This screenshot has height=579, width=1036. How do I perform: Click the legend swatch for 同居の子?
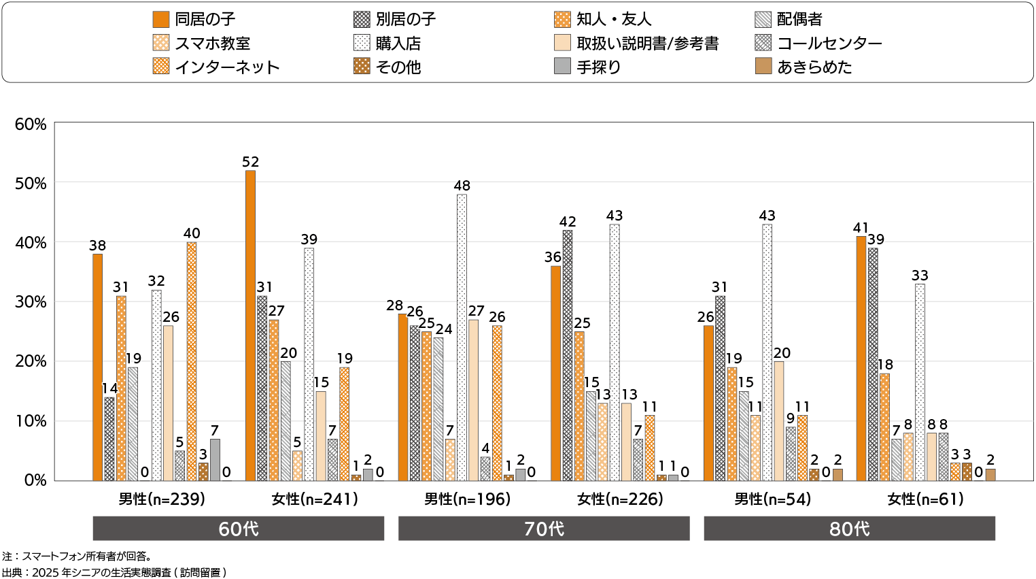coord(161,20)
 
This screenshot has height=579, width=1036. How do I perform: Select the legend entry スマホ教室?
coord(212,44)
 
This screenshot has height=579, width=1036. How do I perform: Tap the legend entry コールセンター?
coord(829,44)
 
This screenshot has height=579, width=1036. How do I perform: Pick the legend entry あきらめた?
coord(814,67)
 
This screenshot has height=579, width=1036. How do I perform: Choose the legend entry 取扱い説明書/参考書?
coord(646,44)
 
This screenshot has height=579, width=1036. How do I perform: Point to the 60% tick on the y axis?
coord(31,125)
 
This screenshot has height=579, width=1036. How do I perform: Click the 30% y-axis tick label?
coord(31,302)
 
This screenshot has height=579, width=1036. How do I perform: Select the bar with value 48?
coord(462,337)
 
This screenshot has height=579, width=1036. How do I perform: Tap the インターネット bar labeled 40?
coord(192,361)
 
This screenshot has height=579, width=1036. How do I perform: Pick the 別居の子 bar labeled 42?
coord(568,355)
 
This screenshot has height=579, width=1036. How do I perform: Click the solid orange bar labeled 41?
coord(861,358)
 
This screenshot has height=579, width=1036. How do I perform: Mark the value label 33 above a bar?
coord(920,276)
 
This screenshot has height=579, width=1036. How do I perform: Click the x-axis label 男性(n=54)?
coord(773,499)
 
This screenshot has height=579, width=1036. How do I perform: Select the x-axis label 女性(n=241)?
coord(315,499)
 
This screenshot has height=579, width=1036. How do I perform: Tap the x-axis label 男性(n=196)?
coord(467,499)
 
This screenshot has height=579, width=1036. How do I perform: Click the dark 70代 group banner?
coord(544,529)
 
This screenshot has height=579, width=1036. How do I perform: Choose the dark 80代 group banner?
coord(849,529)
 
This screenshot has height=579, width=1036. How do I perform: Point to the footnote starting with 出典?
coord(114,572)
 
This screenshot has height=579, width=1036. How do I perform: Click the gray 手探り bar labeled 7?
coord(215,460)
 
